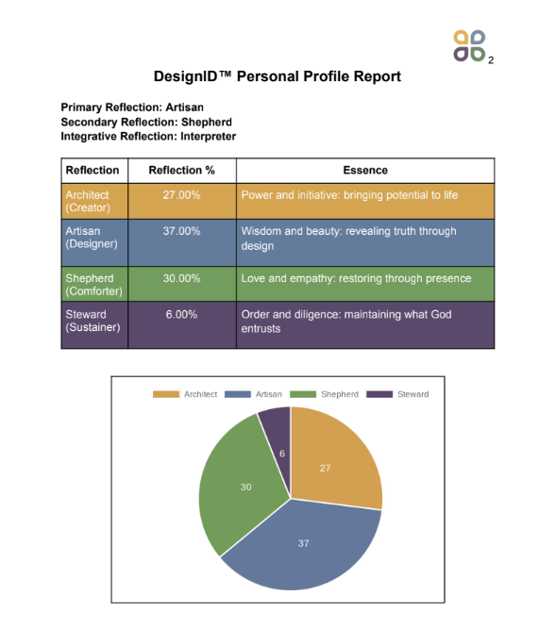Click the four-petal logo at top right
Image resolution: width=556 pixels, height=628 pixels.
tap(469, 45)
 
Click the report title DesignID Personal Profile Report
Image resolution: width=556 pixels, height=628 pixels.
tap(278, 76)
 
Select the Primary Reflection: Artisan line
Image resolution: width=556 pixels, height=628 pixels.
tap(132, 107)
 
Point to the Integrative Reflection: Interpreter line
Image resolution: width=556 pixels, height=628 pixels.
tap(148, 136)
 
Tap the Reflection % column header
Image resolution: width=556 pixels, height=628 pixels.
tap(182, 171)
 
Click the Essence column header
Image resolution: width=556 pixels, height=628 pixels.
tap(365, 171)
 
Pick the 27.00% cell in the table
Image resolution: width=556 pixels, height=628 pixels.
tap(182, 195)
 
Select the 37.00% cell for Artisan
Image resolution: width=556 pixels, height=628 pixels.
tap(182, 231)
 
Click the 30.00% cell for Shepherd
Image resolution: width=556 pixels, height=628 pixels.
tap(182, 278)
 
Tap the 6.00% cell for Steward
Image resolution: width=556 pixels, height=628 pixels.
tap(182, 314)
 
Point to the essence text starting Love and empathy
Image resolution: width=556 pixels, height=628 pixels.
tap(356, 278)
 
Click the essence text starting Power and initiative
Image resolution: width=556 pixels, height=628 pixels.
tap(349, 195)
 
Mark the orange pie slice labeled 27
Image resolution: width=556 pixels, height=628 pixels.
tap(330, 462)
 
